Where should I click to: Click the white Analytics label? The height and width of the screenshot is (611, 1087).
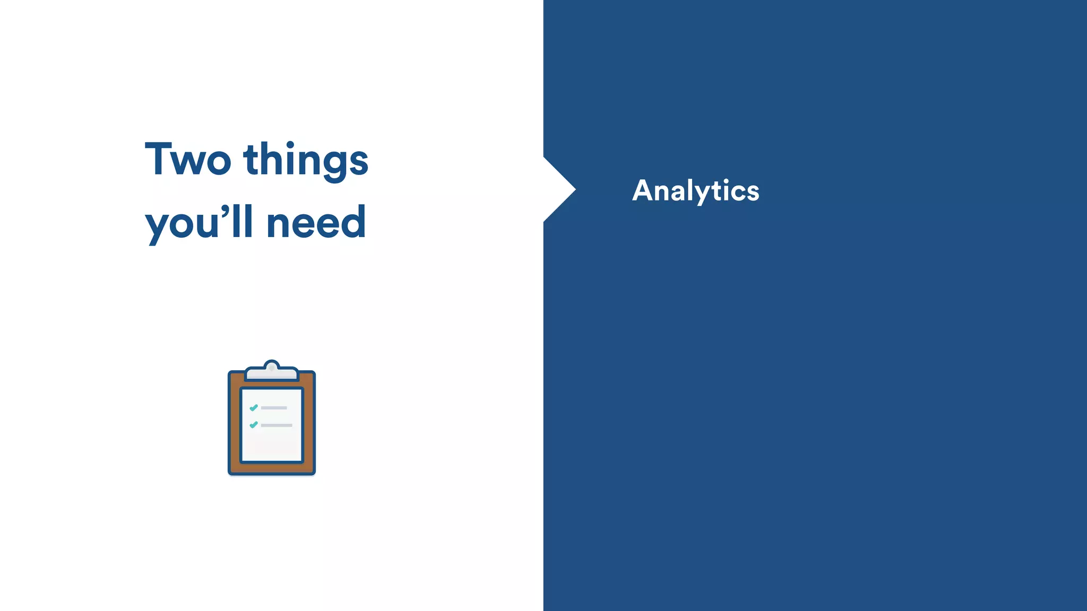pyautogui.click(x=695, y=191)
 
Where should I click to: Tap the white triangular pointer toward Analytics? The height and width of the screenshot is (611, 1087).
pyautogui.click(x=557, y=189)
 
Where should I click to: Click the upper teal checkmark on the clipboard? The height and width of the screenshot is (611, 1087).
pyautogui.click(x=254, y=407)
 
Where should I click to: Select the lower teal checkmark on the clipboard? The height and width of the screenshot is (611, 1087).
pyautogui.click(x=254, y=425)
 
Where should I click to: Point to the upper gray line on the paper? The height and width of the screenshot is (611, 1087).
pyautogui.click(x=274, y=408)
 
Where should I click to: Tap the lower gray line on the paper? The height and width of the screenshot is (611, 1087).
pyautogui.click(x=277, y=425)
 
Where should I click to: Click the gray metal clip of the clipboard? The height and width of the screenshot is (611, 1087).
pyautogui.click(x=272, y=373)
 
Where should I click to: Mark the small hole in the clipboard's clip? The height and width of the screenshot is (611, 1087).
pyautogui.click(x=272, y=367)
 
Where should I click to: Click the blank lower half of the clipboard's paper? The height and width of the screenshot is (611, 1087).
pyautogui.click(x=272, y=446)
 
